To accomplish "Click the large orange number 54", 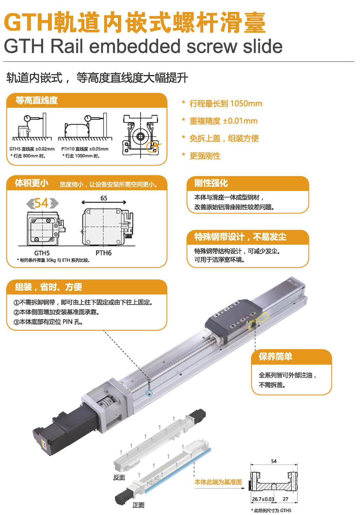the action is click(41, 203).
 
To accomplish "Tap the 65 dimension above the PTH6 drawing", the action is click(104, 198).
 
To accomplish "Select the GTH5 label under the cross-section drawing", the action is click(42, 253).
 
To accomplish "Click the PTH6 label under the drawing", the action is click(104, 253).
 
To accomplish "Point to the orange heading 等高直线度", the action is click(36, 100).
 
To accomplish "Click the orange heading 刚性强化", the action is click(211, 183).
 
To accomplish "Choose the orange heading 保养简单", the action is click(275, 357).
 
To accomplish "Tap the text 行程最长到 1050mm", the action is click(226, 104).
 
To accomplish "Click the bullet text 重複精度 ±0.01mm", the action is click(223, 121).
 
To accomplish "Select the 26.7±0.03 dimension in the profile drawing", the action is click(263, 499).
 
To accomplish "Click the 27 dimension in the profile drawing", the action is click(285, 499).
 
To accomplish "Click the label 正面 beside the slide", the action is click(139, 505).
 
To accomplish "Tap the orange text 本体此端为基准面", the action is click(218, 482).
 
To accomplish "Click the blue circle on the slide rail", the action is click(149, 393).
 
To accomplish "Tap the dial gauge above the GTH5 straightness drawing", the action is click(27, 119).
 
